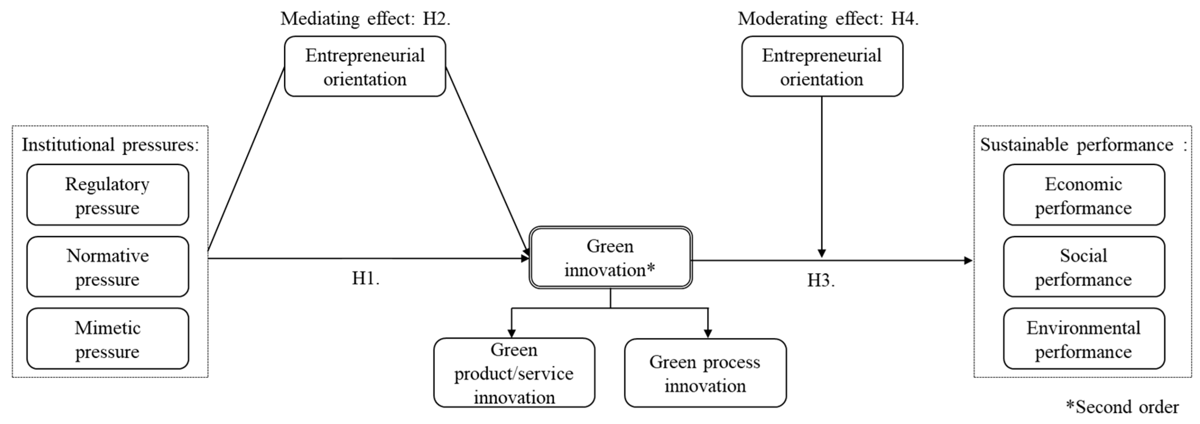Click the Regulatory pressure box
(108, 195)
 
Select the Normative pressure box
(108, 267)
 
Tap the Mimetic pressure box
(108, 339)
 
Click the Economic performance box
(1083, 195)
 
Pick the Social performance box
(1083, 267)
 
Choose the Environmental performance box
(1083, 339)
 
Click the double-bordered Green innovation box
(610, 257)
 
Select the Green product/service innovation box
(514, 373)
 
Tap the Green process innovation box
(705, 373)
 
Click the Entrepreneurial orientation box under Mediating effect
(365, 67)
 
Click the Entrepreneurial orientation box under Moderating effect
(822, 67)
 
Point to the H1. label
(366, 278)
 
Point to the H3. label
(821, 280)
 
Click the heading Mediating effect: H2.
(366, 19)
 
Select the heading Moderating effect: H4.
(828, 19)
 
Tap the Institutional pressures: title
(110, 145)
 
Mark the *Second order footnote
(1122, 407)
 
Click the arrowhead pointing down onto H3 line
(822, 254)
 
